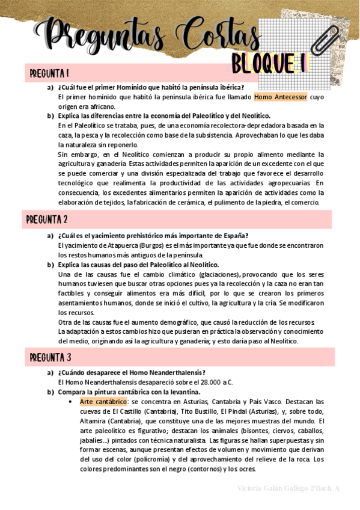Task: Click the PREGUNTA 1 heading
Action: [49, 74]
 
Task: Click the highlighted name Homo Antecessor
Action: [281, 97]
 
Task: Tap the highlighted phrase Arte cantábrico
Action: [103, 401]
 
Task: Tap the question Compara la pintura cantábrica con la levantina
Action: [129, 392]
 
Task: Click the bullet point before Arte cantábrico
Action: [72, 402]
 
